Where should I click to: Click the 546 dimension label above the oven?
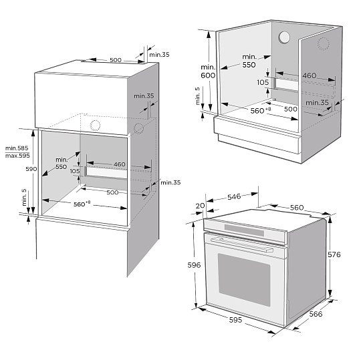[234, 196]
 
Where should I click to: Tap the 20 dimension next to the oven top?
[200, 206]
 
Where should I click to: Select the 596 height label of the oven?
[194, 265]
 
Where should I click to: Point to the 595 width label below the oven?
[235, 320]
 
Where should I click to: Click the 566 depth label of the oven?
[316, 314]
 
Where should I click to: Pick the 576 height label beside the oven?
[334, 254]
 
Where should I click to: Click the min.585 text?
[17, 148]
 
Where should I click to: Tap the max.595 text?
[17, 156]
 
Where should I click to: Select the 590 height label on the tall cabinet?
[31, 169]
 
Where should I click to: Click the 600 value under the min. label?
[208, 75]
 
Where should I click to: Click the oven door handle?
[242, 245]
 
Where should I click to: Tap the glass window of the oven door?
[244, 280]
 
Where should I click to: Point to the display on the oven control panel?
[244, 230]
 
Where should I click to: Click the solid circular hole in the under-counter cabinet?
[284, 37]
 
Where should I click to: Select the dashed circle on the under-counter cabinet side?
[324, 43]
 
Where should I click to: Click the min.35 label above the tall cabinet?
[159, 55]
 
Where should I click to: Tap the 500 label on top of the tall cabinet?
[116, 60]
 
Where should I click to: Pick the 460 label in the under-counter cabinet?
[310, 75]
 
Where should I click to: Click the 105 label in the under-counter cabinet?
[263, 82]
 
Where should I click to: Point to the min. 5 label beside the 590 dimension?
[24, 198]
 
